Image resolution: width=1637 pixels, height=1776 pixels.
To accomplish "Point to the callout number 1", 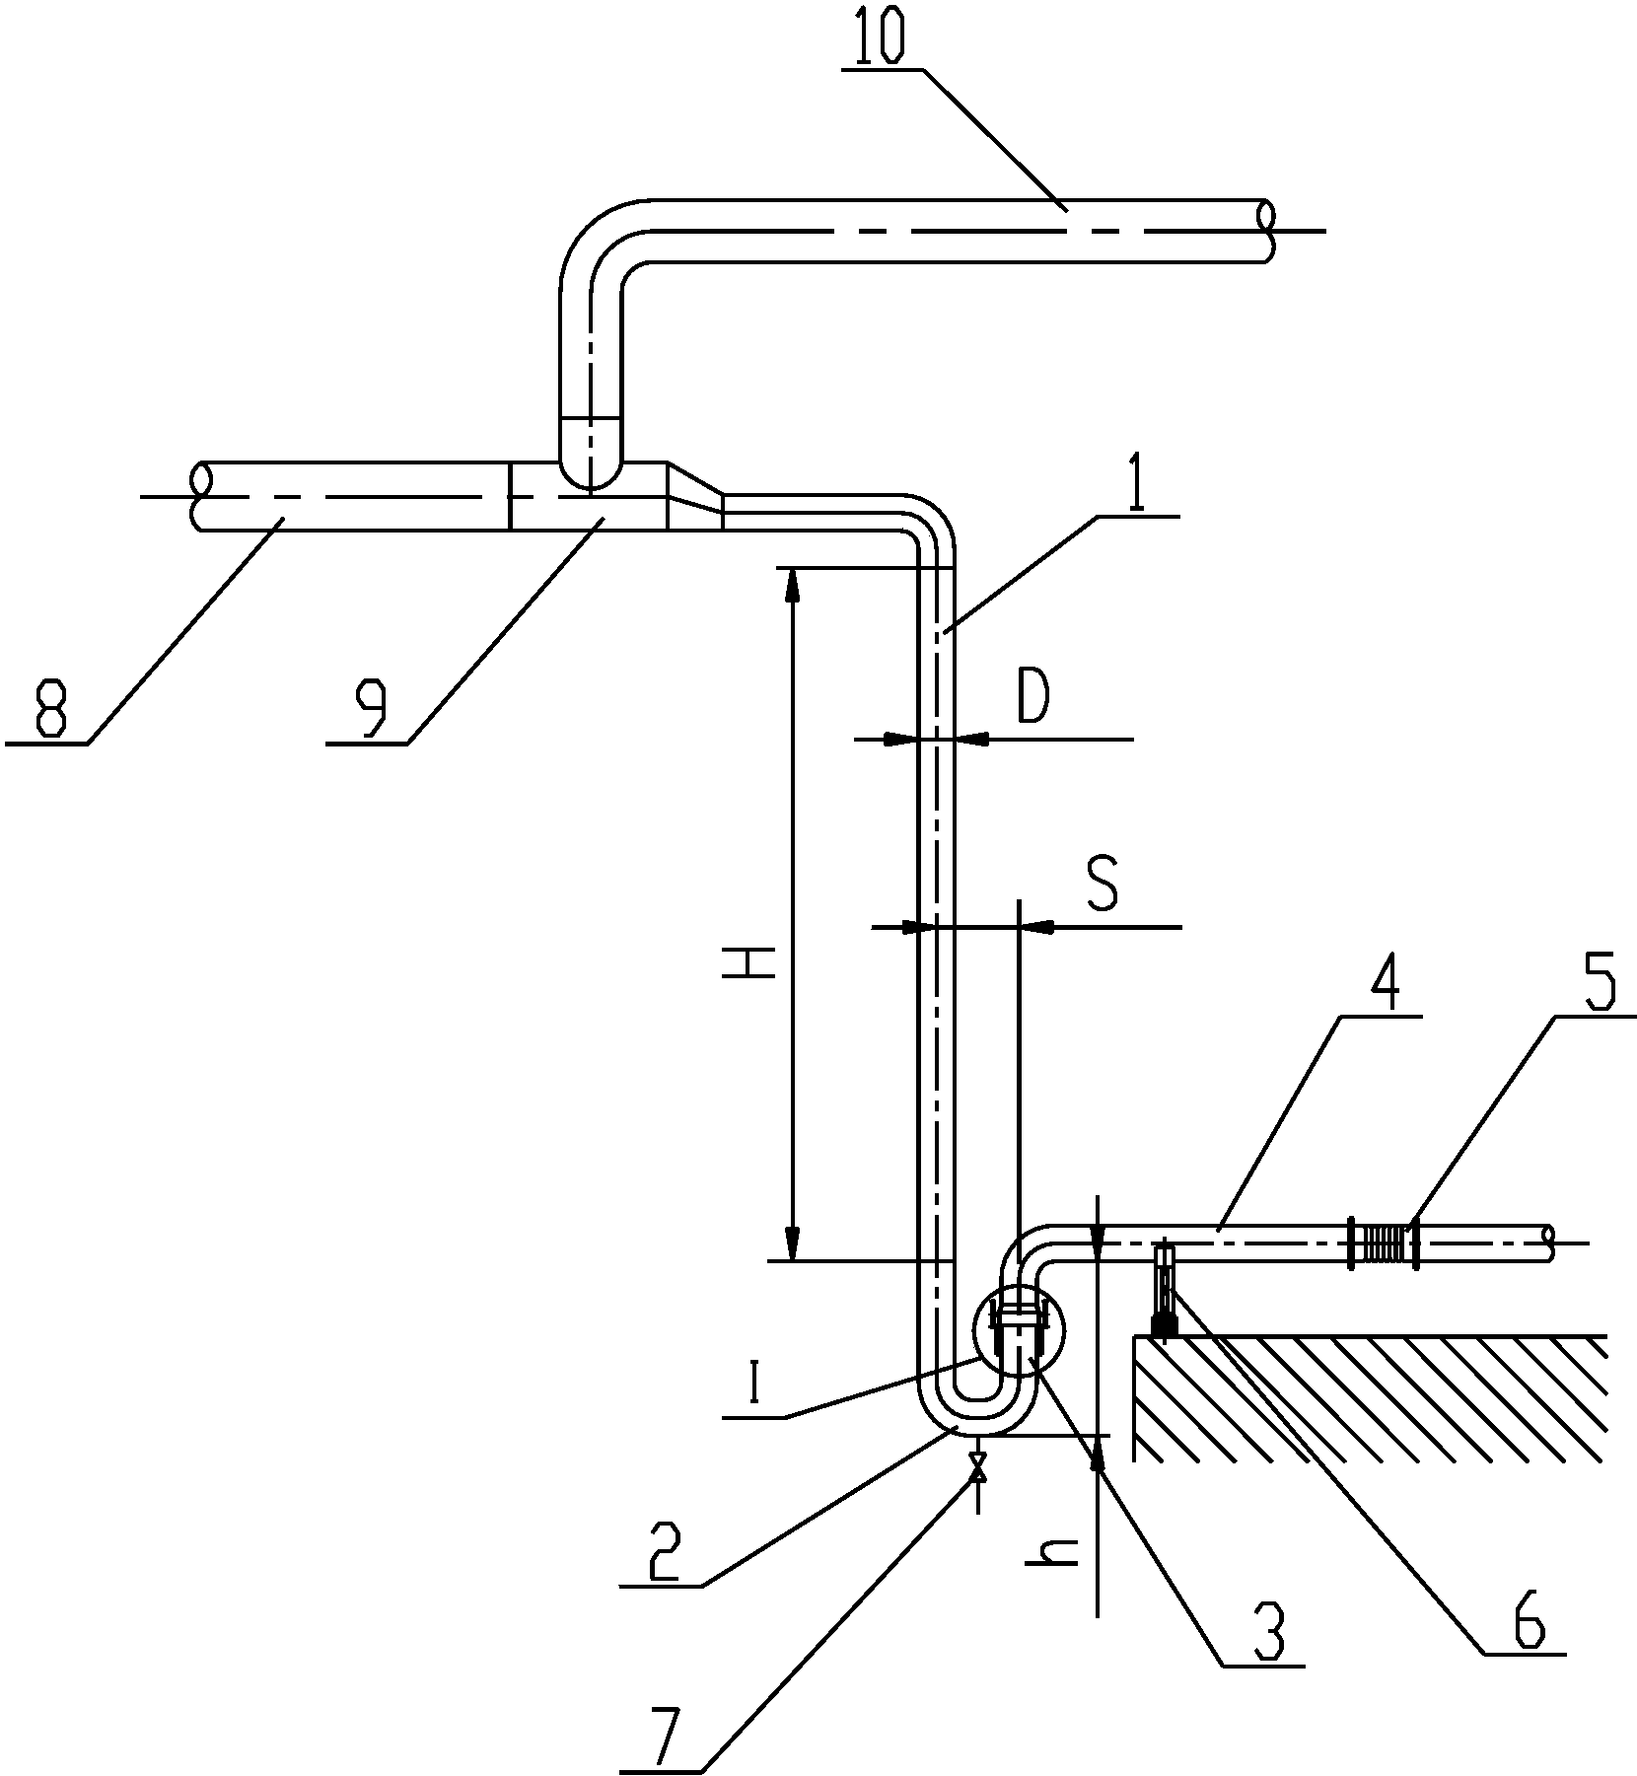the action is (x=1136, y=482).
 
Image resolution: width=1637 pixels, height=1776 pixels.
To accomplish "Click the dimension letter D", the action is (x=1032, y=699).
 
